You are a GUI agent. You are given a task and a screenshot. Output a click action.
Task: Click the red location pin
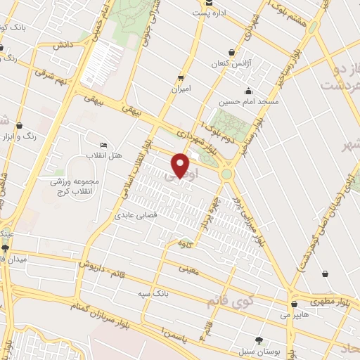(181, 166)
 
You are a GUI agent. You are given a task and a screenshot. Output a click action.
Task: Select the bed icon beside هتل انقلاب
(104, 145)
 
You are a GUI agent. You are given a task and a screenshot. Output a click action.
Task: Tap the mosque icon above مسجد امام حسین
(247, 91)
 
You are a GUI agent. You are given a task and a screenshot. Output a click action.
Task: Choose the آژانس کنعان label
(231, 63)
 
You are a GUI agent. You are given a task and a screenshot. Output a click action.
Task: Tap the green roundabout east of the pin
(226, 173)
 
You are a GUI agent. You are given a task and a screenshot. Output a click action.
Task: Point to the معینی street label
(188, 268)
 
